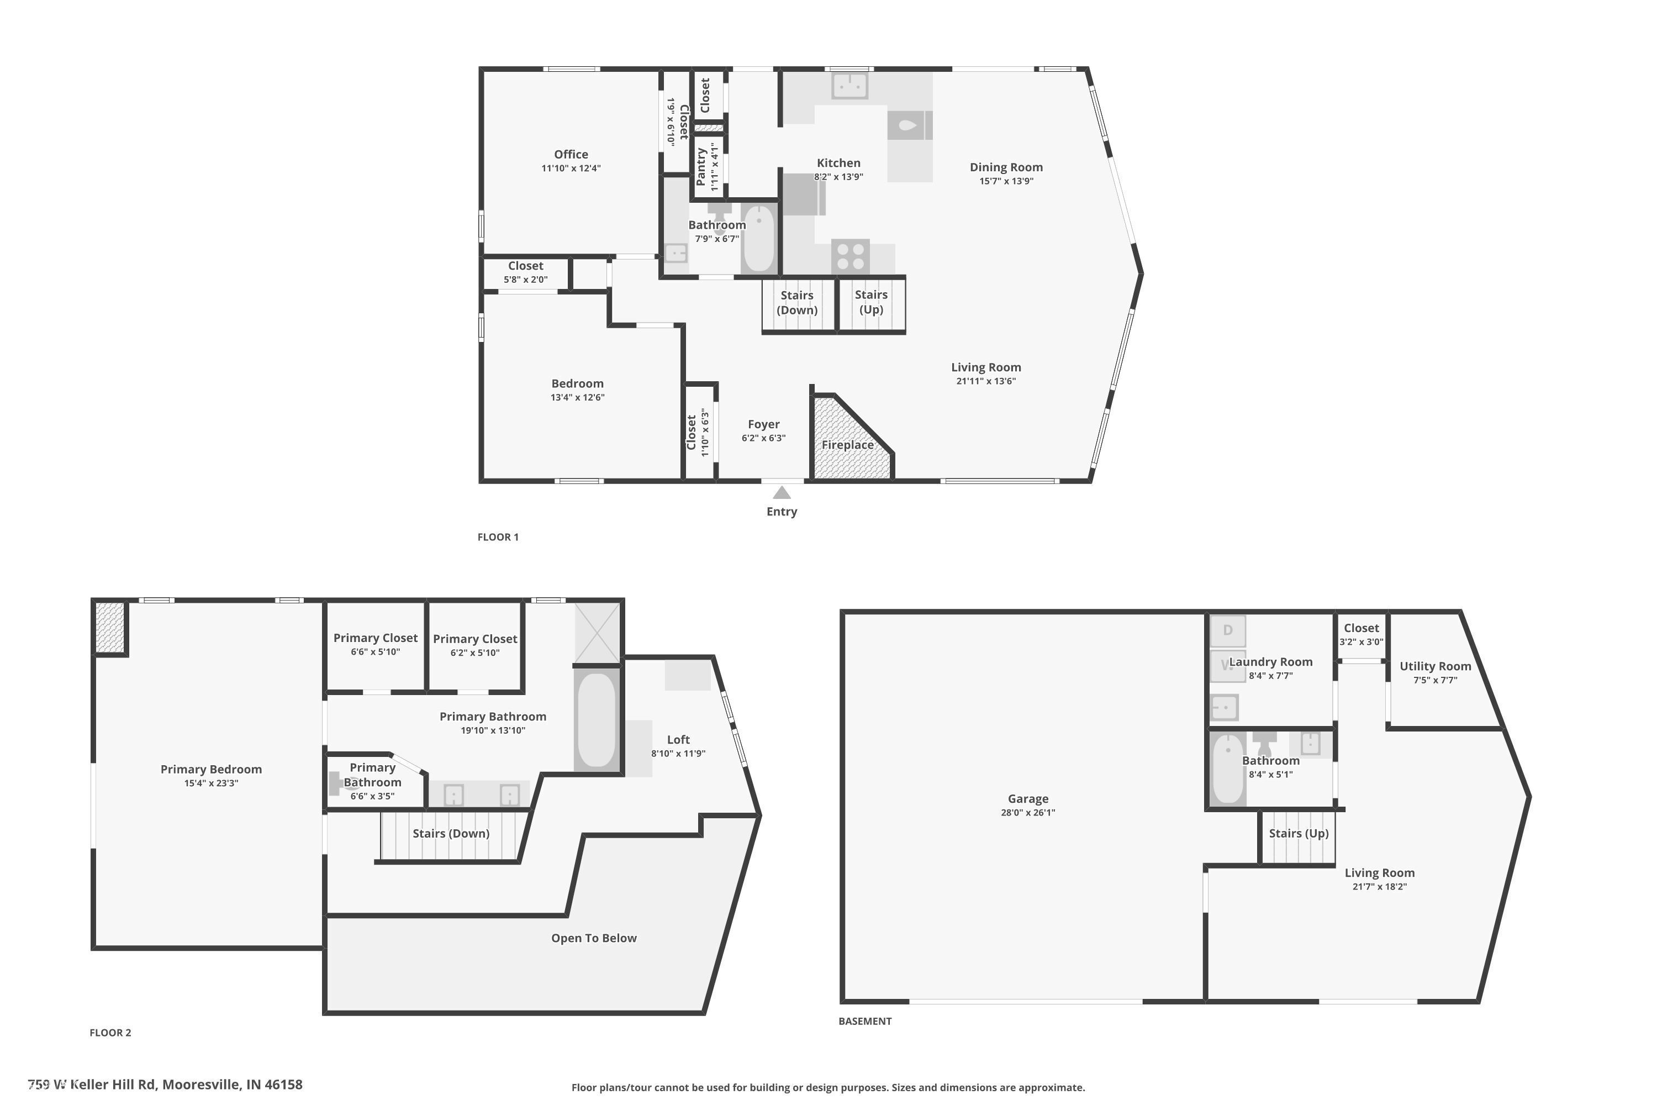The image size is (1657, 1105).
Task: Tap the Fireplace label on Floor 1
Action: [847, 445]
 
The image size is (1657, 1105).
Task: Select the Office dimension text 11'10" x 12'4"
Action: [571, 169]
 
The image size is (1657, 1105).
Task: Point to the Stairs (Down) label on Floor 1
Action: [797, 302]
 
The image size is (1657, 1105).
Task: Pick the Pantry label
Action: [701, 167]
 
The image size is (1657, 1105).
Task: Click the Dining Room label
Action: [1006, 167]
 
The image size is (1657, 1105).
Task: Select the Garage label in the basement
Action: [1028, 798]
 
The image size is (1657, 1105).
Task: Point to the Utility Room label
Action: [1435, 666]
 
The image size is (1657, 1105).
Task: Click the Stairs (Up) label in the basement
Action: [1299, 833]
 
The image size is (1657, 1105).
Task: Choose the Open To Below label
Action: [594, 938]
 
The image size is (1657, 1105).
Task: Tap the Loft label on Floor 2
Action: [678, 739]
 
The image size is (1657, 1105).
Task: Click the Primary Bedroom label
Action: [212, 769]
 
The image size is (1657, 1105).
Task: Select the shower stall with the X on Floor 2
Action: [598, 632]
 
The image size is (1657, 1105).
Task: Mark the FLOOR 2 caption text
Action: [110, 1033]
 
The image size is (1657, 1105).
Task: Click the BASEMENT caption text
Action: [865, 1021]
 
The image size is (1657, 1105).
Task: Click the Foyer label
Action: [764, 424]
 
